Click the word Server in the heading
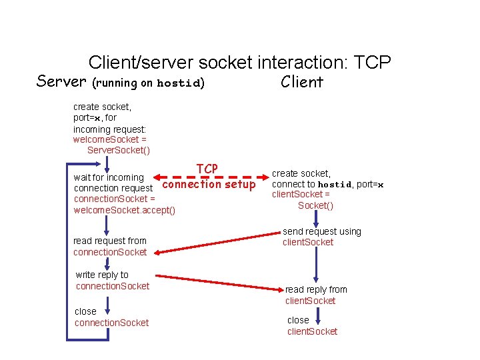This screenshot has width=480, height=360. coord(61,82)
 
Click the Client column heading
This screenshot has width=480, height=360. coord(301,82)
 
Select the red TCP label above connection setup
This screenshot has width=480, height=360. coord(207,169)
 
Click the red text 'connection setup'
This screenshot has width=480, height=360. coord(209,184)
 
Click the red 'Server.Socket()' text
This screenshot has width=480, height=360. coord(119,151)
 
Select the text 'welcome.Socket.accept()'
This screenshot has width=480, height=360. coord(125,211)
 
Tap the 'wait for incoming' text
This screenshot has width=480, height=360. coord(109,177)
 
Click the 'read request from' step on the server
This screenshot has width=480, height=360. coord(110,241)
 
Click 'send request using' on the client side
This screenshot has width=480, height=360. coord(322,231)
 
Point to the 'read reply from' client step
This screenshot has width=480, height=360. coord(316,289)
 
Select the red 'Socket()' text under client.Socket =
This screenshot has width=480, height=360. coord(315,205)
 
